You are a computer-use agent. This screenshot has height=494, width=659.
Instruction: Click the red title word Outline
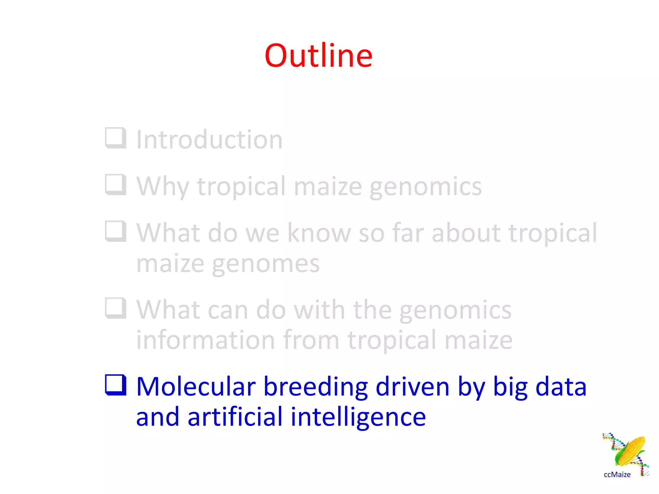(318, 56)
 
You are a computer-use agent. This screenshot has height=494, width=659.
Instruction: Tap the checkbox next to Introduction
(115, 138)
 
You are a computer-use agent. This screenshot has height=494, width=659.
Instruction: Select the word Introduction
(209, 140)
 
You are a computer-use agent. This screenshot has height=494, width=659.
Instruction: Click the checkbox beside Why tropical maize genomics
(115, 185)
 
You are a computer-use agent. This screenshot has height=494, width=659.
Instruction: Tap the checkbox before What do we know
(115, 231)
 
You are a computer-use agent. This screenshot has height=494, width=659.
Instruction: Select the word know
(319, 233)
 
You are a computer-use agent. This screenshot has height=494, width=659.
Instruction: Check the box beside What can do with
(115, 308)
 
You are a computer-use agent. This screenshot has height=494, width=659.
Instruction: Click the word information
(206, 340)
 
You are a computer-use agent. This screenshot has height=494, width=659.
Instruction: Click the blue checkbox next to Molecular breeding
(115, 385)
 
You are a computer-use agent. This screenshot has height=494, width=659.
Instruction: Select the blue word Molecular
(196, 386)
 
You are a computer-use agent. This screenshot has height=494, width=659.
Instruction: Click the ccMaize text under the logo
(617, 475)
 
